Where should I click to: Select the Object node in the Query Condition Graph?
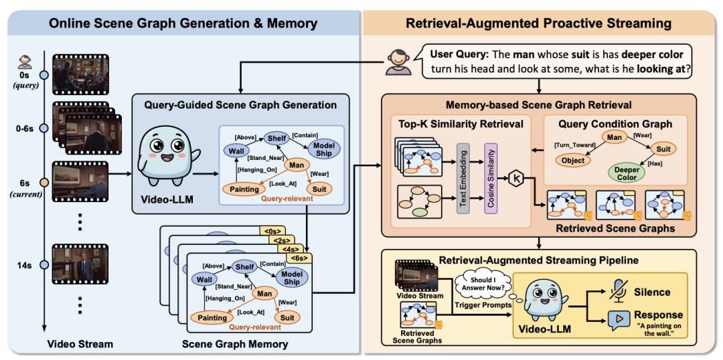(572, 161)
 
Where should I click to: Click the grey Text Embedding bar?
(463, 178)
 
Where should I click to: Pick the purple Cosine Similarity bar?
(489, 178)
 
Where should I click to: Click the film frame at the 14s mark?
(80, 264)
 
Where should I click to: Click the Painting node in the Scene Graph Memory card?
(212, 318)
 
